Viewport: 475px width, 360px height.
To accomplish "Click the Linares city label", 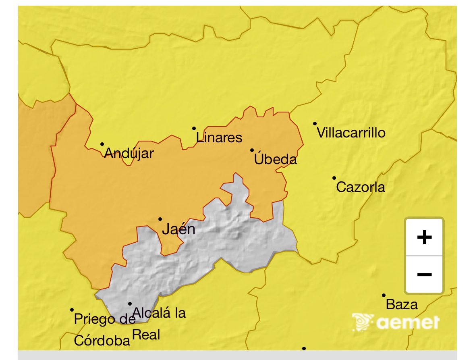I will pos(219,138).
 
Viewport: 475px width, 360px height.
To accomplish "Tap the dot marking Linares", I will pos(194,129).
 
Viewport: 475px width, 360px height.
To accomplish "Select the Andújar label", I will pos(129,153).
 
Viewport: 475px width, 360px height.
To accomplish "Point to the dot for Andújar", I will pos(102,144).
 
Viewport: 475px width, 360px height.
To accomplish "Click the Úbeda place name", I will pos(276,160).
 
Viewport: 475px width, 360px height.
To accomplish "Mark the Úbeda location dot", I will pos(252,150).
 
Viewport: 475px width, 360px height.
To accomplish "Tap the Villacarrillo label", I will pos(351,133).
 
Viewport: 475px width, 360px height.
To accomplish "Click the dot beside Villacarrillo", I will pos(315,124).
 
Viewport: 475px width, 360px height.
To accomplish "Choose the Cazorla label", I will pos(360,187).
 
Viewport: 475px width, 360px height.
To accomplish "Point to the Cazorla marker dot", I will pos(334,178).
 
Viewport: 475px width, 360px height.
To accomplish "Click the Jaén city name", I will pos(178,229).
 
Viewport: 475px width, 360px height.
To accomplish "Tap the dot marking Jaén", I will pos(160,219).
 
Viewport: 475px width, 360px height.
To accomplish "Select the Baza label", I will pos(402,305).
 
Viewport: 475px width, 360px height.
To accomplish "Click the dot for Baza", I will pos(384,295).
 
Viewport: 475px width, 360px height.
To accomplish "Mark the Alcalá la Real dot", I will pos(130,304).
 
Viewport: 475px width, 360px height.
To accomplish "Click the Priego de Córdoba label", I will pos(103,330).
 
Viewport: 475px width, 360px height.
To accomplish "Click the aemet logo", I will pos(396,323).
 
